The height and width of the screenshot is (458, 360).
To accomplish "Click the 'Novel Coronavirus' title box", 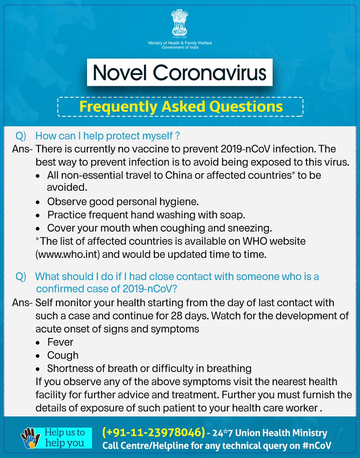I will pyautogui.click(x=179, y=72).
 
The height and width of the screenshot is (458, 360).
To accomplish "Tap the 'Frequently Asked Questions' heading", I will pyautogui.click(x=180, y=106).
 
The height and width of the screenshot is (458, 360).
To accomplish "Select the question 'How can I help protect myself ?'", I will pyautogui.click(x=108, y=136).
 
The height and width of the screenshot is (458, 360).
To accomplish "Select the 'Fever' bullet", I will pyautogui.click(x=60, y=342).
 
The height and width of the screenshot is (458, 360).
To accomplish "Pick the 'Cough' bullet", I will pyautogui.click(x=63, y=355).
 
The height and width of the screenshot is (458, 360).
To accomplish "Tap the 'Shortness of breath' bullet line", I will pyautogui.click(x=149, y=368).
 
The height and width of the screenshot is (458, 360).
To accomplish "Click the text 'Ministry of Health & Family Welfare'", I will pyautogui.click(x=180, y=43).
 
